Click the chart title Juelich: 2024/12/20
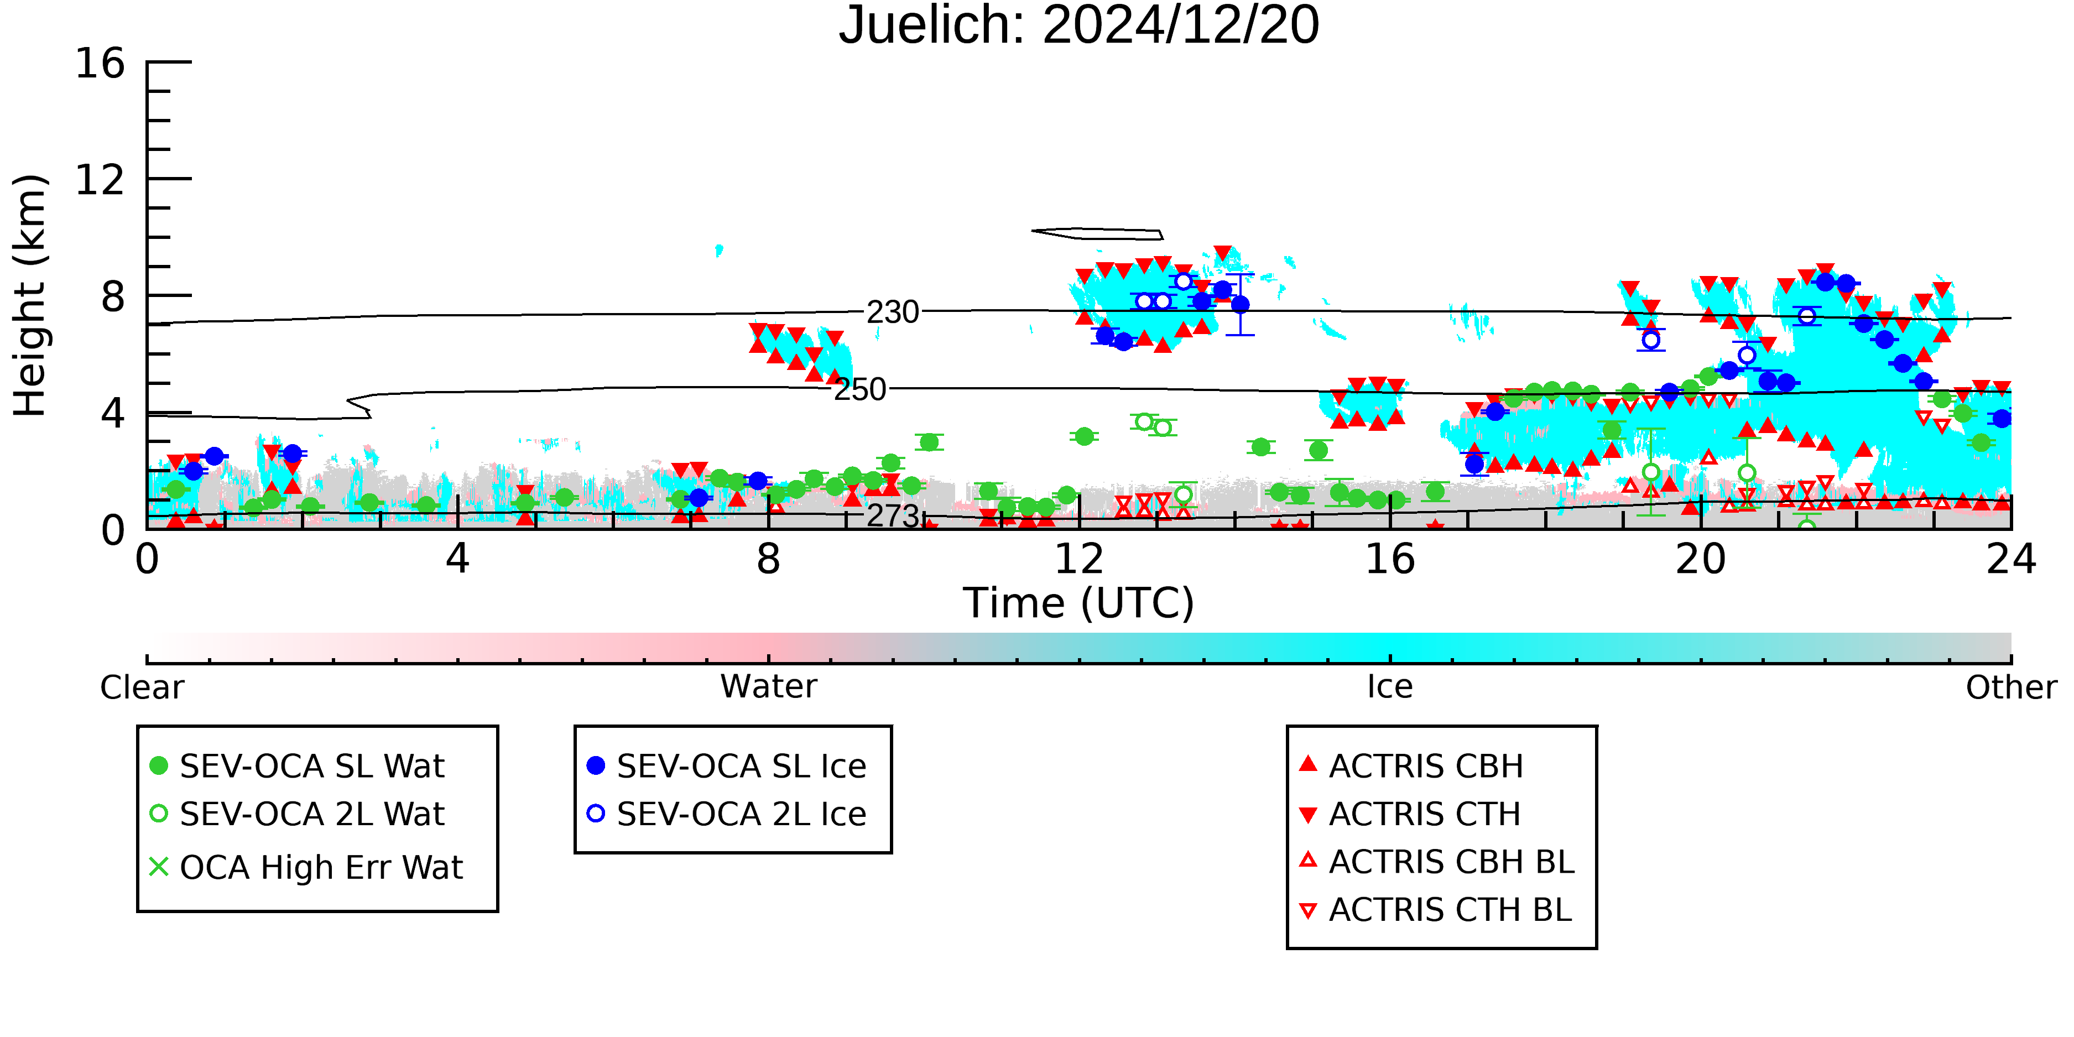point(1079,26)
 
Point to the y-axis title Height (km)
point(30,295)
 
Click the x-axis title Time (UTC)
point(1079,603)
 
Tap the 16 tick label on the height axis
point(100,63)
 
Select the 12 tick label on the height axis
point(100,180)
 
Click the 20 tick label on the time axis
point(1701,559)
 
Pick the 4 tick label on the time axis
point(457,559)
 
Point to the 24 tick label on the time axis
point(2011,559)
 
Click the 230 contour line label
point(892,312)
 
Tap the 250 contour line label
point(860,390)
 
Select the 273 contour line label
point(892,516)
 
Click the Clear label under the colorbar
point(142,687)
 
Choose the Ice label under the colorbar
point(1390,687)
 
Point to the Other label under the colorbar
point(2011,687)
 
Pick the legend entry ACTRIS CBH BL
point(1437,862)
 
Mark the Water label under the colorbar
point(769,687)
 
